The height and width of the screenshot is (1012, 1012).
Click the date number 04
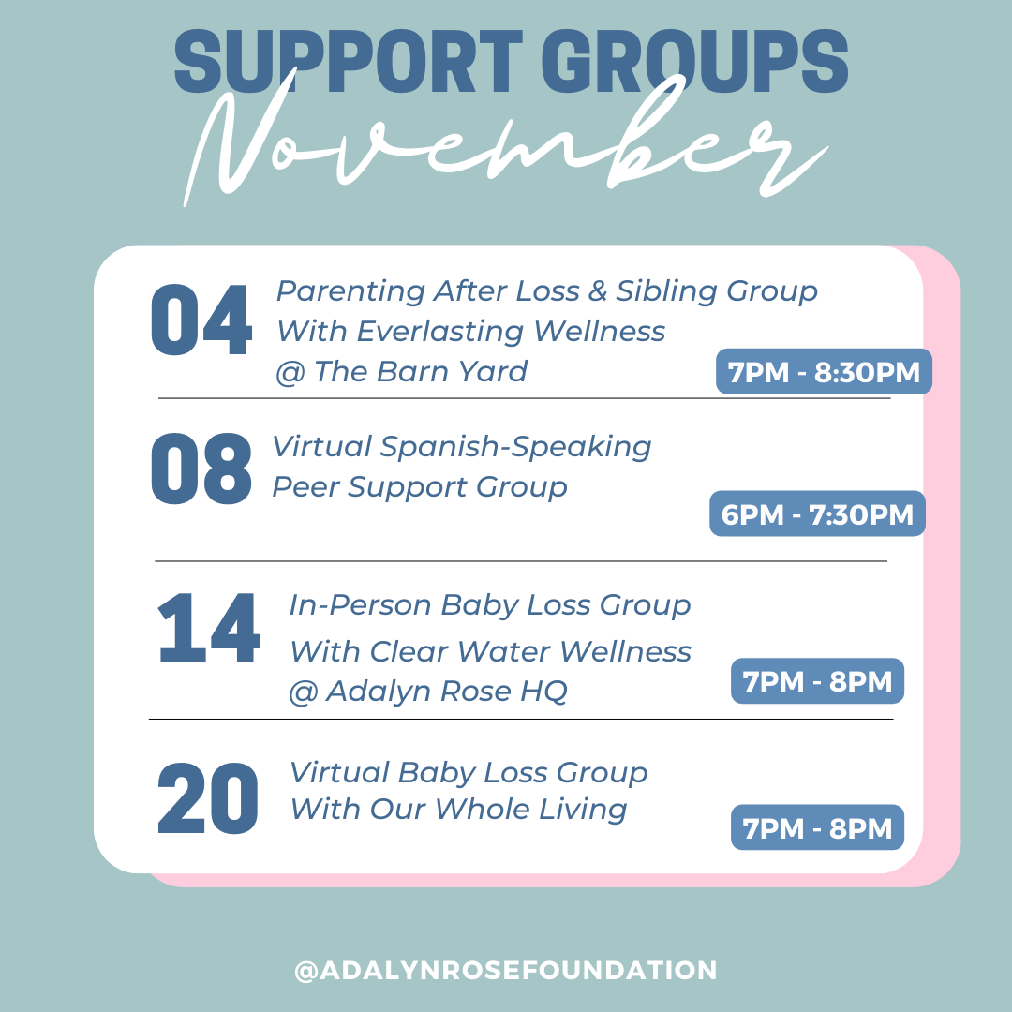(x=201, y=320)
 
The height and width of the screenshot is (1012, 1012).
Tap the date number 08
(x=201, y=468)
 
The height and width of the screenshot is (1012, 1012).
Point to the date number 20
(x=208, y=799)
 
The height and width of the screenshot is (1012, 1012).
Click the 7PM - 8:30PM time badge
(x=824, y=372)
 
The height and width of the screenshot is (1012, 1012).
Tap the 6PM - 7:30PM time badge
(x=817, y=513)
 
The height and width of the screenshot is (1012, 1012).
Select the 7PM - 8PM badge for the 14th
(x=817, y=681)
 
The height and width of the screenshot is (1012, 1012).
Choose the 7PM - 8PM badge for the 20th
(x=817, y=828)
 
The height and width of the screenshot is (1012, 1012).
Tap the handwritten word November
(x=506, y=150)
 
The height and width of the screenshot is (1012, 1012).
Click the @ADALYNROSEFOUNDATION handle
(x=506, y=971)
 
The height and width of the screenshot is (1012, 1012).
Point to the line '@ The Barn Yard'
(x=401, y=372)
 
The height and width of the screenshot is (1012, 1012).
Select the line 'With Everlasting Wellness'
(x=470, y=332)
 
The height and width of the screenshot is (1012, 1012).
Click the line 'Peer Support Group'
(x=419, y=487)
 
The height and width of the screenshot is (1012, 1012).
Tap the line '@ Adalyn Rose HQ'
(x=427, y=692)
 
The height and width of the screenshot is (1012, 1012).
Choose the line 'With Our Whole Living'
(x=457, y=809)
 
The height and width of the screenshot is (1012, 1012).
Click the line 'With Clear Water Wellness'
(x=489, y=651)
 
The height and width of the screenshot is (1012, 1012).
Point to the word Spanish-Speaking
(x=515, y=447)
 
